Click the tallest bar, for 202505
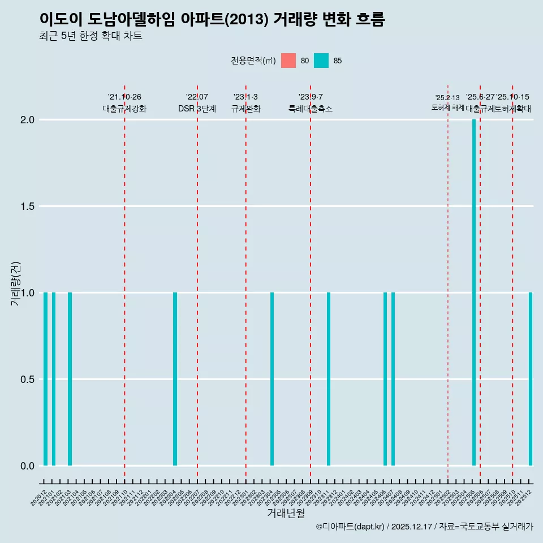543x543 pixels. [474, 292]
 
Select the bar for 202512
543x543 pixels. [531, 379]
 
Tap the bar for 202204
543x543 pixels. [175, 379]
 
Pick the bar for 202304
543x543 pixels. [272, 379]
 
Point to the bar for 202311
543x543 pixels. [329, 379]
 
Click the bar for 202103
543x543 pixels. [70, 379]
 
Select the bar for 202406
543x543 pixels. [385, 379]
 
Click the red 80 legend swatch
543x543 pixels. [288, 61]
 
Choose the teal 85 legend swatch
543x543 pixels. [321, 61]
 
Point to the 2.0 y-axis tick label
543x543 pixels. [28, 120]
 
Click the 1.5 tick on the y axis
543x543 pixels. [28, 206]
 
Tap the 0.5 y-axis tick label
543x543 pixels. [28, 379]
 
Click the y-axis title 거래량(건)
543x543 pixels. [16, 284]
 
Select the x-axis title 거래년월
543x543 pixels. [286, 513]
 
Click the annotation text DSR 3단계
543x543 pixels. [197, 109]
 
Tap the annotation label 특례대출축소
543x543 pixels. [311, 109]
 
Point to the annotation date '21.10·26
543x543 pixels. [124, 97]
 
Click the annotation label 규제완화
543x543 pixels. [246, 109]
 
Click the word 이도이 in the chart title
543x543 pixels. [58, 19]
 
